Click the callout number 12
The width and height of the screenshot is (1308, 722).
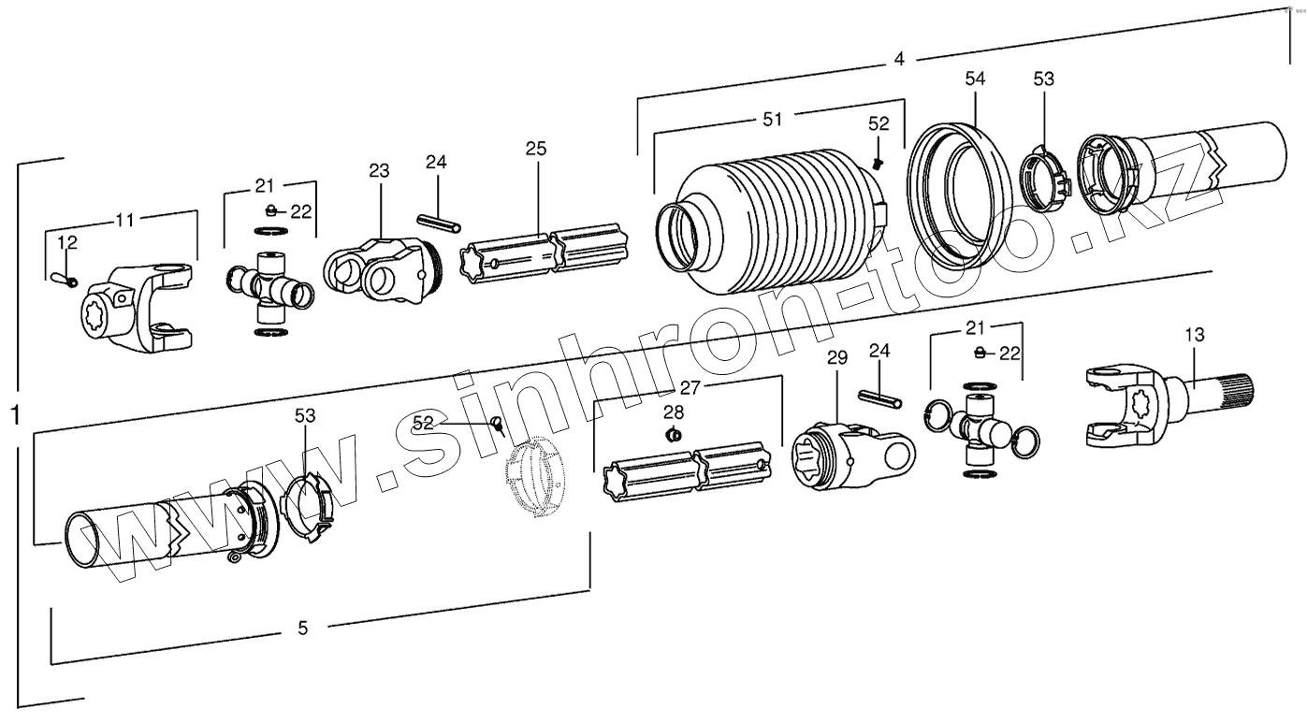(x=67, y=243)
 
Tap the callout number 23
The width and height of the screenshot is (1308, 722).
(x=379, y=171)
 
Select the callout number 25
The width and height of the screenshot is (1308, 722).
(x=535, y=149)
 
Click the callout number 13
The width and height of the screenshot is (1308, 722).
(x=1194, y=334)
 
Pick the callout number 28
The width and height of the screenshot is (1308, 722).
(x=674, y=412)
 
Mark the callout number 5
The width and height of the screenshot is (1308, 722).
(x=302, y=628)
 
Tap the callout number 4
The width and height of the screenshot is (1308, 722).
(x=898, y=59)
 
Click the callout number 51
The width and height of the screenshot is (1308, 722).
(x=772, y=119)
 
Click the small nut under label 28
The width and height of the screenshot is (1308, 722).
(x=672, y=435)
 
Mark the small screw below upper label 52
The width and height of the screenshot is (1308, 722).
(x=878, y=163)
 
